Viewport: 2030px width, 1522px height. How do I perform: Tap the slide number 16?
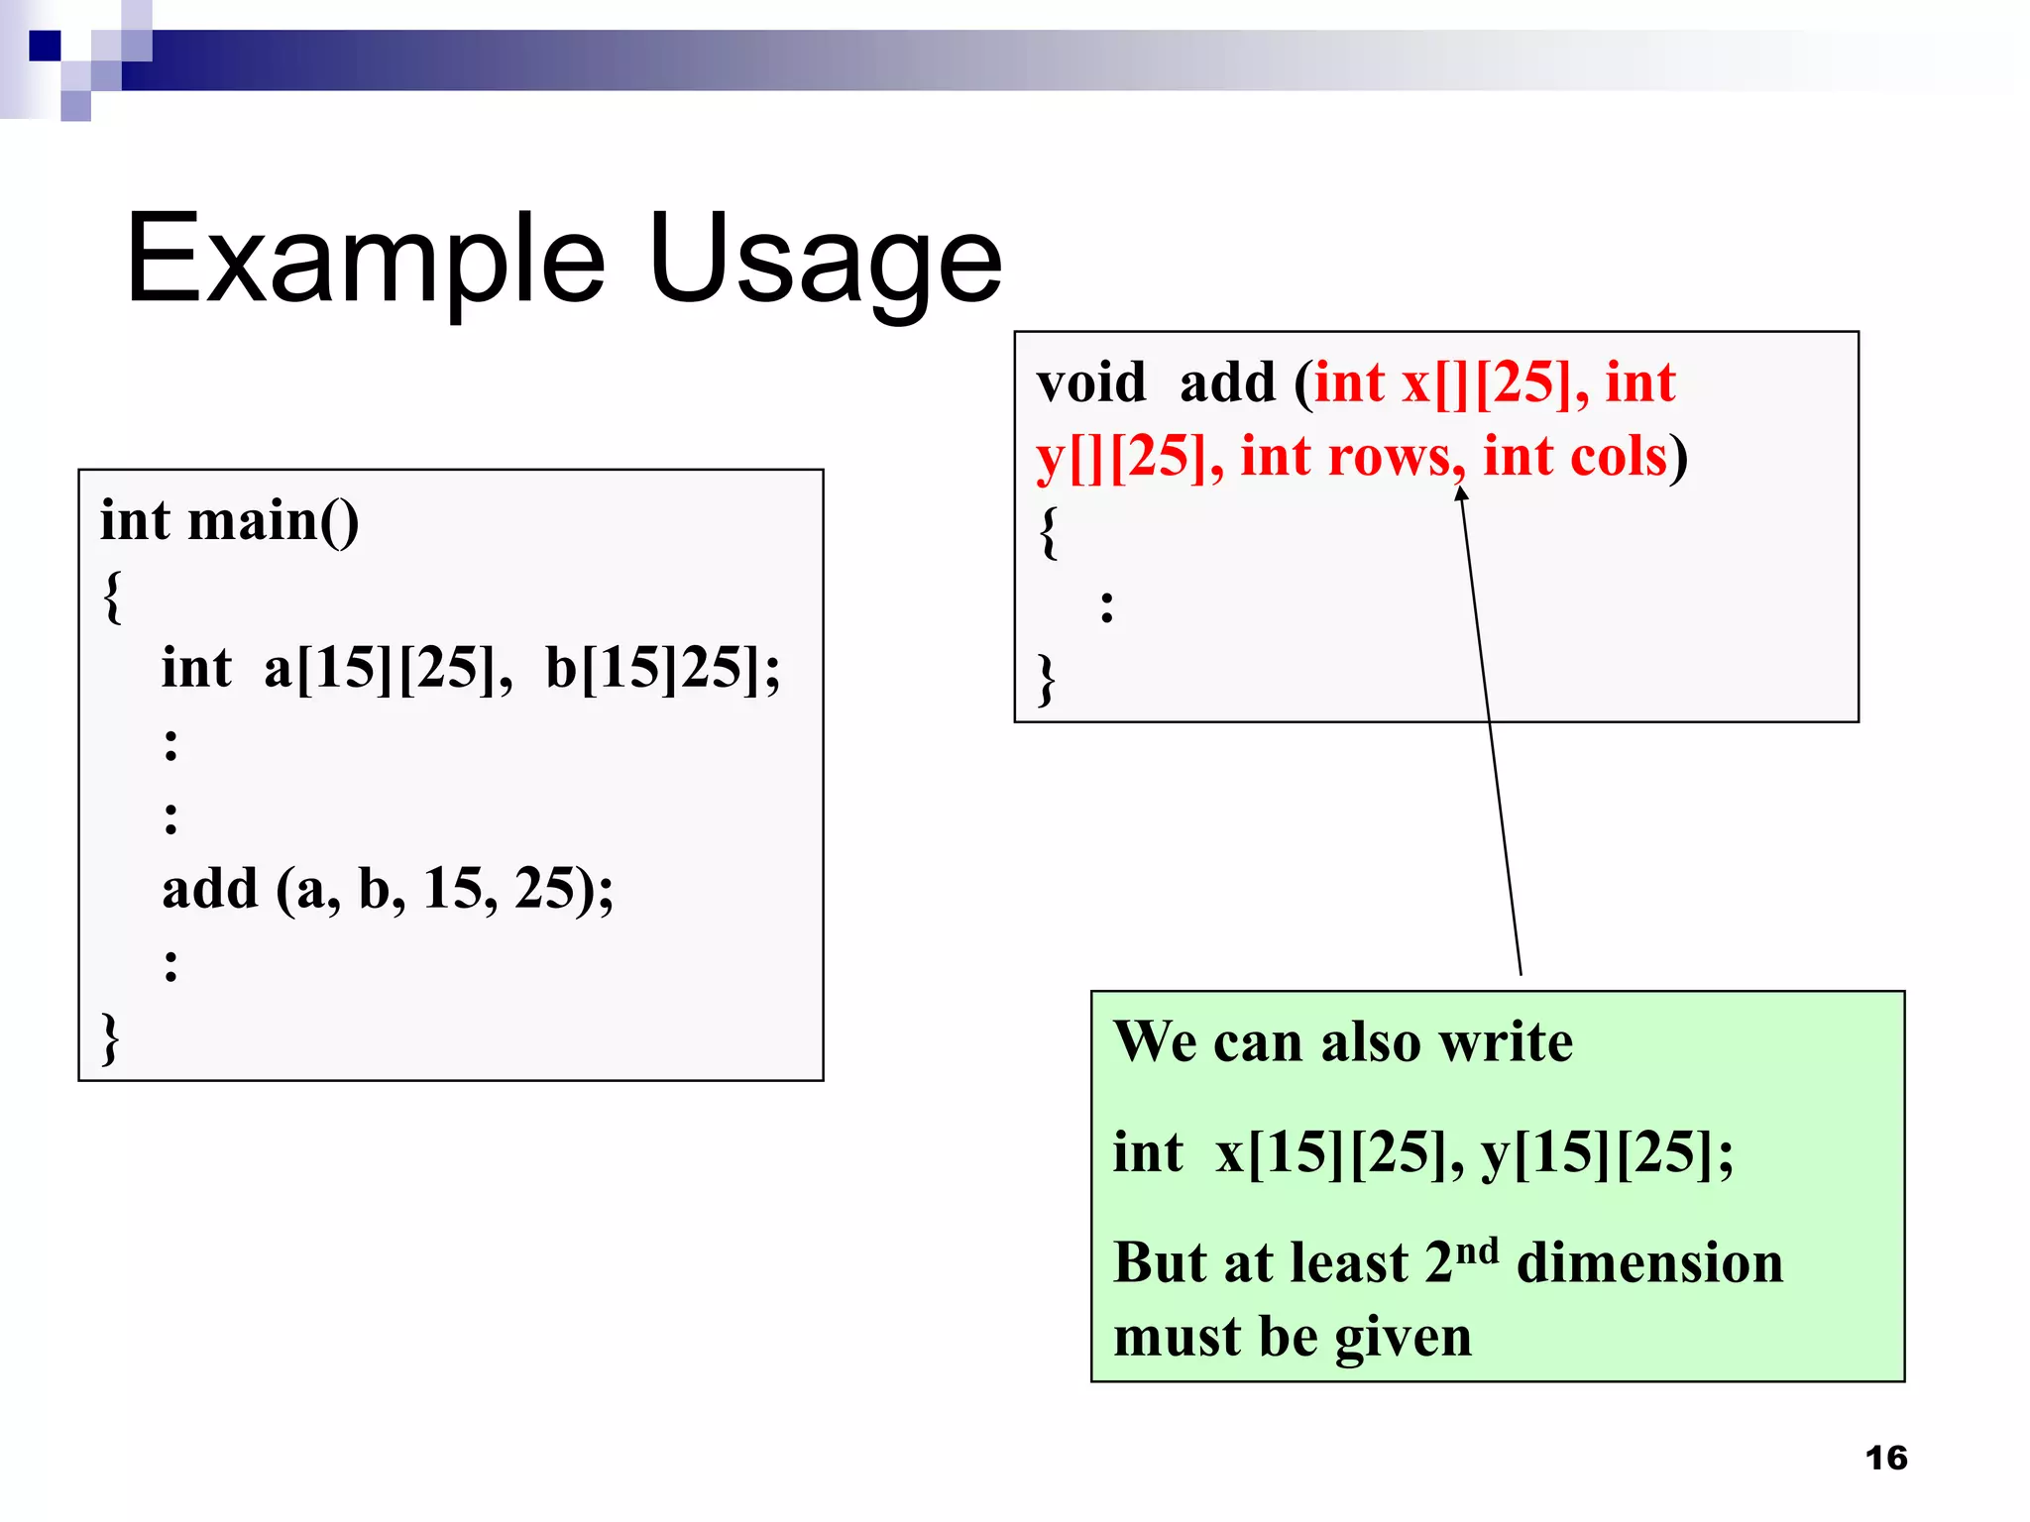(x=1885, y=1458)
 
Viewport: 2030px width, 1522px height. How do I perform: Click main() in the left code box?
(x=274, y=521)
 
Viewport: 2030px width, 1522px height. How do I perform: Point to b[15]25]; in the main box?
(x=662, y=668)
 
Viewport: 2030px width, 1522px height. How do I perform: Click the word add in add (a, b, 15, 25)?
(x=210, y=888)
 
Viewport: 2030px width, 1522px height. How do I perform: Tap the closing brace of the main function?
(x=110, y=1037)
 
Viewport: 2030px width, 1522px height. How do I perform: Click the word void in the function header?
(x=1090, y=382)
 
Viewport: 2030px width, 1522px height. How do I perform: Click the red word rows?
(x=1396, y=457)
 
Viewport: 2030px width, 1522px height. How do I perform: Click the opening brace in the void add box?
(x=1048, y=532)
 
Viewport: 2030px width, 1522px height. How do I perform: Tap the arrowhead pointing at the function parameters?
(x=1461, y=493)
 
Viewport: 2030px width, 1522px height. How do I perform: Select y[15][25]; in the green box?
(x=1607, y=1152)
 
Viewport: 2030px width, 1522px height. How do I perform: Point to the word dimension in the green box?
(x=1649, y=1263)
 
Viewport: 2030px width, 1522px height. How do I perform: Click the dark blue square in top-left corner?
(x=45, y=46)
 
